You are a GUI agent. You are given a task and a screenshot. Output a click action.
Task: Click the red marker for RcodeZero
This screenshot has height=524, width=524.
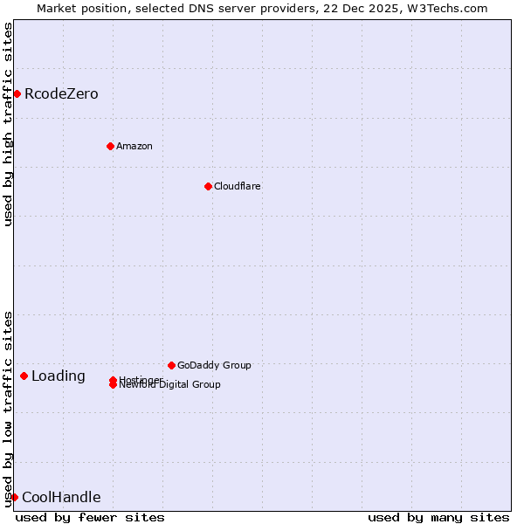coord(17,93)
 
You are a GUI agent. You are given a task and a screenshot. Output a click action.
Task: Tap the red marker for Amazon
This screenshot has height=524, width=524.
coord(110,146)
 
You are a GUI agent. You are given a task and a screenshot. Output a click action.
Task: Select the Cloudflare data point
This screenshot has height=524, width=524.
coord(208,186)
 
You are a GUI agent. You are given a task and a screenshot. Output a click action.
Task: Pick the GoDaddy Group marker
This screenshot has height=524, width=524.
coord(171,365)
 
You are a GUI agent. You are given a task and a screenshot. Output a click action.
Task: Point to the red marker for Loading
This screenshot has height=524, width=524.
coord(24,376)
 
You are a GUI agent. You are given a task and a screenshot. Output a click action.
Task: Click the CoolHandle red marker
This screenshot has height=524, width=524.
coord(14,497)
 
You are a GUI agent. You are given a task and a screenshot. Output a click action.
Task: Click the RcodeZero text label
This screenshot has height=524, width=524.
coord(61,93)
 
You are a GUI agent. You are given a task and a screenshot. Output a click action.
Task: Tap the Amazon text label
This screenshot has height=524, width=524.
coord(134,146)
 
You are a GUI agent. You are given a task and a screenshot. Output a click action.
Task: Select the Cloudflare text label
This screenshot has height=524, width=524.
coord(238,186)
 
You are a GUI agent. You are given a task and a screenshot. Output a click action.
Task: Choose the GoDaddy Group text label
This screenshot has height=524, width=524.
coord(214,365)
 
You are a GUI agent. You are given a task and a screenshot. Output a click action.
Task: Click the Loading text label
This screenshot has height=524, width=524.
coord(59,376)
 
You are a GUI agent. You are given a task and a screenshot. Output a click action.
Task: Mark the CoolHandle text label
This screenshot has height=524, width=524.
coord(61,498)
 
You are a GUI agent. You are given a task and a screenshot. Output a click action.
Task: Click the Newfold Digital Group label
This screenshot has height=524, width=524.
coord(170,385)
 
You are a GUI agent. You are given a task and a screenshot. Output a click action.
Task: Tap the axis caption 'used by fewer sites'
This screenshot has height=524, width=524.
coord(90,517)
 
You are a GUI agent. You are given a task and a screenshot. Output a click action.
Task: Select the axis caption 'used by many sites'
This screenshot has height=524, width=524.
coord(438,517)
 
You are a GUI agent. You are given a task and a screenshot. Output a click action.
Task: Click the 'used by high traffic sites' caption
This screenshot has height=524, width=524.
coord(8,124)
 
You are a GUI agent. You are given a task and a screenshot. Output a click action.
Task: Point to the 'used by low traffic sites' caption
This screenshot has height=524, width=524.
coord(8,409)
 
